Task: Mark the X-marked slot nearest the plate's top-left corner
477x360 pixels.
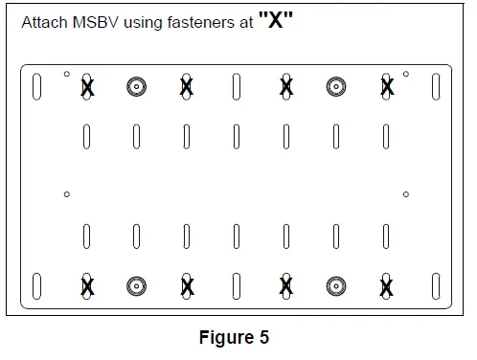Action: tap(87, 87)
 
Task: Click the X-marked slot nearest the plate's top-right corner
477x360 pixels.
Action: tap(386, 87)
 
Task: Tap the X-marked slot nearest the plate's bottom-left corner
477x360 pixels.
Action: tap(87, 285)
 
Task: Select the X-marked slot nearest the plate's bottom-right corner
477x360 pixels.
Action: tap(386, 285)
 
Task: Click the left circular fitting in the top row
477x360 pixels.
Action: tap(137, 87)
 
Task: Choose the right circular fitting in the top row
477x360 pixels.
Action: tap(336, 87)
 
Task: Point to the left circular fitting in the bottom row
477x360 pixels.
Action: tap(137, 285)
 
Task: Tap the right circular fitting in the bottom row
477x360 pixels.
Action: tap(336, 285)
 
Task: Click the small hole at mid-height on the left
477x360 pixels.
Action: tap(66, 194)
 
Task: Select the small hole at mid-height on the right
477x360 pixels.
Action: tap(406, 194)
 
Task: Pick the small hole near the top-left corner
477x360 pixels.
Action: tap(66, 74)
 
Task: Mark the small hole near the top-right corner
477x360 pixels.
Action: tap(406, 74)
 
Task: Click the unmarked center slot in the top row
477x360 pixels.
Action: tap(237, 87)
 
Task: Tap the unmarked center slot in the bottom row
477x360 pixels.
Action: tap(237, 285)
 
